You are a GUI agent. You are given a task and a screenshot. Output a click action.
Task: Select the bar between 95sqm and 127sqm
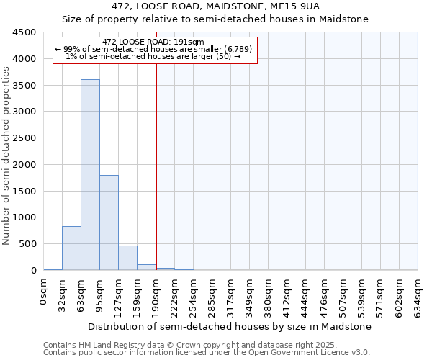coord(109,222)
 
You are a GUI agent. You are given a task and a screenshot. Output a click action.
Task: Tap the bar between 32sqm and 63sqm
coord(71,248)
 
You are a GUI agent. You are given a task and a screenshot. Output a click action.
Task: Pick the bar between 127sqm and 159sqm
coord(127,258)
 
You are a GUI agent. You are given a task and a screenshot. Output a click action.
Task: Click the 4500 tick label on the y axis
coord(24,32)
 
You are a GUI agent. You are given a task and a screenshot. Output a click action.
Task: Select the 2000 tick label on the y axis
coord(24,165)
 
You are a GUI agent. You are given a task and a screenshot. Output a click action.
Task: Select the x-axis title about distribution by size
coord(230,326)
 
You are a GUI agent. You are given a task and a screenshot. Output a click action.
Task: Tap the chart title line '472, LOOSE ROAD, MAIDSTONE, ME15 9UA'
coord(215,6)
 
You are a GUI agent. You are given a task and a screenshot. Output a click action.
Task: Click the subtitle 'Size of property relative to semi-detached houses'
coord(215,19)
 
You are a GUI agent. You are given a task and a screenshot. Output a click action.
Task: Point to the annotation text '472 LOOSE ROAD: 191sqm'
coord(153,42)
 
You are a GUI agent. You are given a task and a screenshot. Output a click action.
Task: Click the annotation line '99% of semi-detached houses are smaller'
coord(153,49)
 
